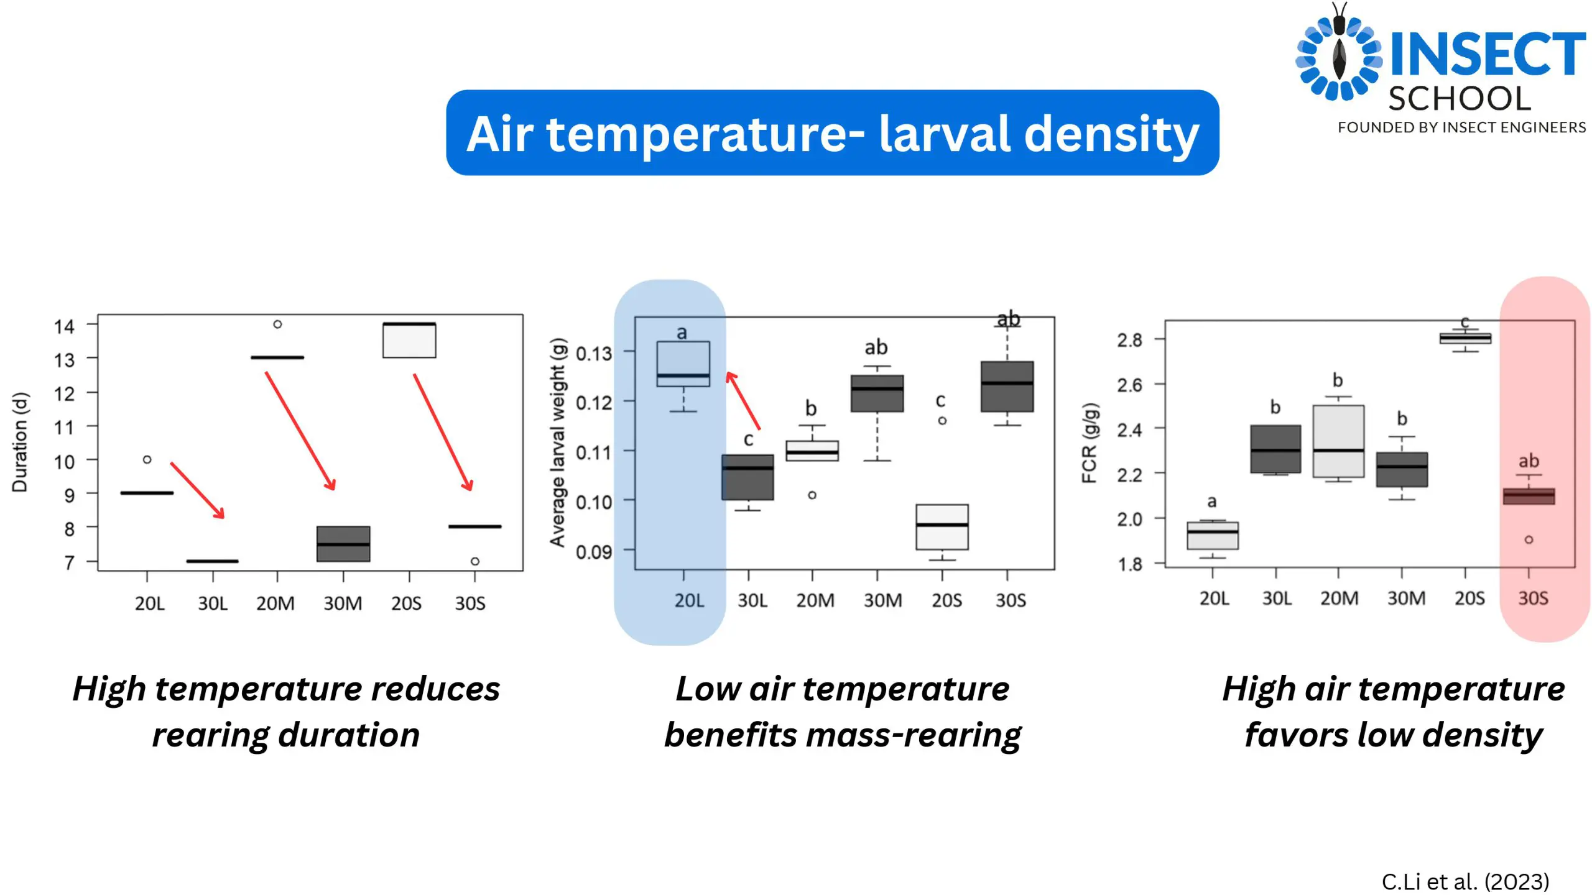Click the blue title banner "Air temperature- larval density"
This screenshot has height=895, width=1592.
point(832,132)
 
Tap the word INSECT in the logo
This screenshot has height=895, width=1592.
point(1488,54)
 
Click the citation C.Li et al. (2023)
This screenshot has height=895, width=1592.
point(1465,881)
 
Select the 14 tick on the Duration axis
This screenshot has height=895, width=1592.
point(63,326)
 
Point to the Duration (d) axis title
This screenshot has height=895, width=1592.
point(20,442)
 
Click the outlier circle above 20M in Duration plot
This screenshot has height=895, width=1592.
point(277,324)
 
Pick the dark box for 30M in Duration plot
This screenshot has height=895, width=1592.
point(343,544)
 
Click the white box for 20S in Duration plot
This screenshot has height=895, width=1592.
point(409,340)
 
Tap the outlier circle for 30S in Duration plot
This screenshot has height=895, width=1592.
point(475,561)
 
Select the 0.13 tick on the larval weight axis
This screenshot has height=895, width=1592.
point(594,353)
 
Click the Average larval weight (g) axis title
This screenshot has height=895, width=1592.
point(558,442)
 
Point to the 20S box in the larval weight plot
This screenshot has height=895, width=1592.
point(942,527)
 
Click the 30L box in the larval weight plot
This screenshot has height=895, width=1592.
point(747,477)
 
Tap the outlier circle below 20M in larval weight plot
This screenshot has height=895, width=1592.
point(812,495)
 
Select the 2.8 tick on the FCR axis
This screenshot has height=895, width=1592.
point(1129,339)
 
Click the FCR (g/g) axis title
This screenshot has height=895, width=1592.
point(1090,443)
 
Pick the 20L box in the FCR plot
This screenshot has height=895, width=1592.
point(1213,535)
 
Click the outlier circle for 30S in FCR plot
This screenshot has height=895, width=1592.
point(1529,539)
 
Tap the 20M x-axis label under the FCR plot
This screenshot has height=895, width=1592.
point(1340,598)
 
